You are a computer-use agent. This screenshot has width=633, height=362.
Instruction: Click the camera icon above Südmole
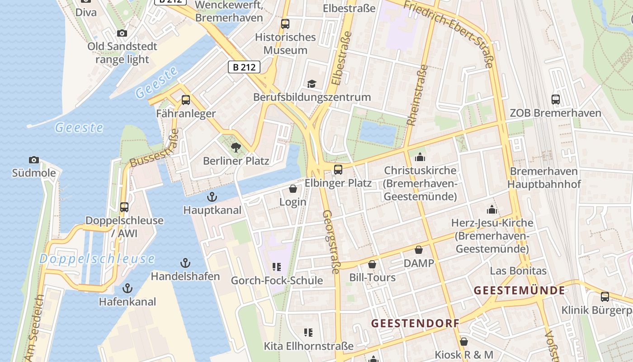tap(34, 160)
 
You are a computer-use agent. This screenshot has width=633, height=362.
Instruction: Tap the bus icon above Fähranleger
tap(186, 100)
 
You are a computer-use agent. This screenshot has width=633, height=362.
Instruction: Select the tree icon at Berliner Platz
tap(236, 147)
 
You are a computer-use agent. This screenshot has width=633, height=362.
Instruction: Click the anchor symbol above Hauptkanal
tap(212, 197)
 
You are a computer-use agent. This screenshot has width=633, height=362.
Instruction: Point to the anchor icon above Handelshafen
tap(185, 263)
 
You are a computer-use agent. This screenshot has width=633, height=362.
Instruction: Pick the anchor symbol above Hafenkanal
tap(128, 288)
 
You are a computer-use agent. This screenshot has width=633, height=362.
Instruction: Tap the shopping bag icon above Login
tap(293, 189)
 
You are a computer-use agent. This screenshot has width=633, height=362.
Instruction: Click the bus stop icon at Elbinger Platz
tap(338, 170)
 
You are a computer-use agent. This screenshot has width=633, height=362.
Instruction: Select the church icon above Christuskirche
tap(420, 157)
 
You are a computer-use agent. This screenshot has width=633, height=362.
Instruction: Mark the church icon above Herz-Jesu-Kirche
tap(491, 210)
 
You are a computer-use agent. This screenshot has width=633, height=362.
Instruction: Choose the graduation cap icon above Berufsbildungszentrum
tap(312, 84)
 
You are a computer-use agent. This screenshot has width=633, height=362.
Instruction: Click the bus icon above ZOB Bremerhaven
tap(556, 100)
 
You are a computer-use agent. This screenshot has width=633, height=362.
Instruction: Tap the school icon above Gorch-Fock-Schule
tap(277, 267)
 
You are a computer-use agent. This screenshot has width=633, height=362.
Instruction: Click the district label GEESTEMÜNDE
tap(520, 291)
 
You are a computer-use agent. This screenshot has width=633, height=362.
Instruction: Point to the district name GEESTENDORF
tap(415, 324)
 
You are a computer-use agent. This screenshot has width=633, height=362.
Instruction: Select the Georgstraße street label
tap(331, 242)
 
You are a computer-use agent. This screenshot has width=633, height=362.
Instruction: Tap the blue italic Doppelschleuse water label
tap(97, 259)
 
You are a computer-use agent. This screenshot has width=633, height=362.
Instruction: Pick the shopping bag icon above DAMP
tap(419, 250)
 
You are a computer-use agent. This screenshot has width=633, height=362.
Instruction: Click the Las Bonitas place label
tap(518, 271)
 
